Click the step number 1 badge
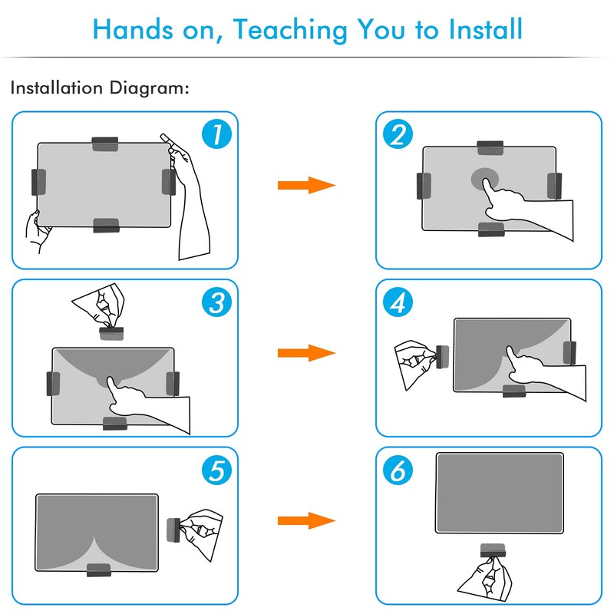click(x=216, y=134)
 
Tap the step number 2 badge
click(x=398, y=134)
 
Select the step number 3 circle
click(x=216, y=302)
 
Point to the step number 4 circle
click(x=398, y=302)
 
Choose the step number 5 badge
click(x=216, y=470)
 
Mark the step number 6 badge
click(x=398, y=470)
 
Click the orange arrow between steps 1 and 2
click(x=306, y=185)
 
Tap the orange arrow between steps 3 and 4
click(x=306, y=353)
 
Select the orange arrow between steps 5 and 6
click(x=306, y=520)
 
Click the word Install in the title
click(x=485, y=29)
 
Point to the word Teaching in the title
click(x=291, y=31)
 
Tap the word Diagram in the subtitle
click(x=149, y=88)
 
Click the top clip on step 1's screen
click(x=105, y=144)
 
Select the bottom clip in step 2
click(x=491, y=229)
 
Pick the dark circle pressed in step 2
click(x=485, y=180)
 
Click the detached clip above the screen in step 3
click(x=111, y=333)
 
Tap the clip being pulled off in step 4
click(x=443, y=357)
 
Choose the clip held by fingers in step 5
click(x=173, y=530)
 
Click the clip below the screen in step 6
click(x=493, y=550)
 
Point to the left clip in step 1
click(x=38, y=182)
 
